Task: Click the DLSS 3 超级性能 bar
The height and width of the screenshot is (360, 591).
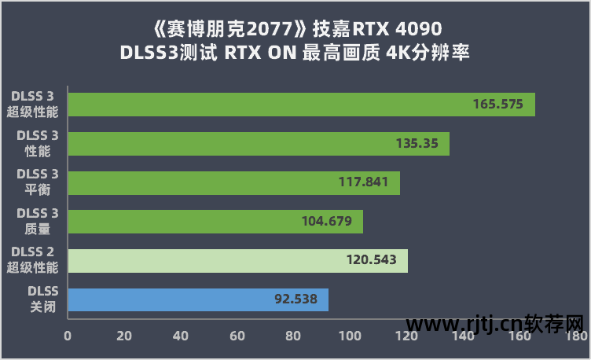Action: tap(301, 105)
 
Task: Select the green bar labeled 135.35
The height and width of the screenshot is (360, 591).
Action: tap(259, 144)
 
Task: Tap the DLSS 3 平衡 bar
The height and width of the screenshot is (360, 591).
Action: tap(233, 182)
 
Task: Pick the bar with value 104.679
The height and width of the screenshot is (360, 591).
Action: tap(215, 222)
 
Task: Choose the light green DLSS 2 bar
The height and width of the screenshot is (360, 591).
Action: tap(237, 260)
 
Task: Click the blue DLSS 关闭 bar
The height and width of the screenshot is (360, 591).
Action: tap(198, 299)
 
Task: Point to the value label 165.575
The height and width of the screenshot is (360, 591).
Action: tap(497, 105)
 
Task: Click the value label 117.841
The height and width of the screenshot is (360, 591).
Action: tap(364, 182)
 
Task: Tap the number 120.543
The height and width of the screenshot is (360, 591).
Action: tap(371, 260)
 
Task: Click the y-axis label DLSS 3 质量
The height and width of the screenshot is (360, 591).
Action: tap(37, 221)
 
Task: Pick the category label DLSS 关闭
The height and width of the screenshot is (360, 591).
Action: tap(39, 299)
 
